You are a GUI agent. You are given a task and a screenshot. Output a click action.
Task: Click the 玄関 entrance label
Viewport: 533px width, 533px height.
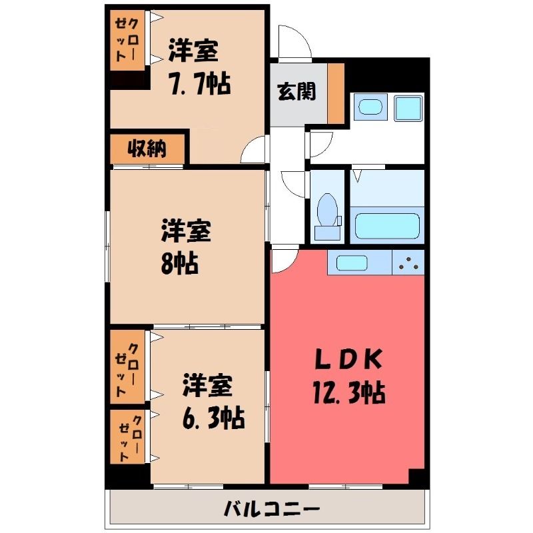[296, 92]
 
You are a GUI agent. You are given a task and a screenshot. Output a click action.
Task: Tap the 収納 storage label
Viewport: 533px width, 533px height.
[147, 149]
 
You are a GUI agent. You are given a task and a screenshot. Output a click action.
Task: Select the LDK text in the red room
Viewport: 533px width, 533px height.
[348, 359]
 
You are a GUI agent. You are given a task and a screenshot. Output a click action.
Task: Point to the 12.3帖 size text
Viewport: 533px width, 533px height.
[349, 393]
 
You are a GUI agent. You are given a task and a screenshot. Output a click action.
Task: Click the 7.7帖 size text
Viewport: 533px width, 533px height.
[200, 83]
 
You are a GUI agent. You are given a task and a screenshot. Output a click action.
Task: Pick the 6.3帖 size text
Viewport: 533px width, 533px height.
[213, 418]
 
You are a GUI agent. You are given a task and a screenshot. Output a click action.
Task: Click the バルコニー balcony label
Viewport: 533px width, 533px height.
[272, 509]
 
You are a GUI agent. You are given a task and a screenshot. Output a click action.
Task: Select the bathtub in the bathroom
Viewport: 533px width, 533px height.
[387, 226]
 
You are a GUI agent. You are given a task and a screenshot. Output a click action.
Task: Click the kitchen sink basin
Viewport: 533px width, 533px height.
[352, 263]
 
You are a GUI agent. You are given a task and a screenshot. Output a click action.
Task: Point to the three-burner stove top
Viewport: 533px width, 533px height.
[408, 263]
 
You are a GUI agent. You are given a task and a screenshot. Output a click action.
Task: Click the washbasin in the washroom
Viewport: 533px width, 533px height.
[370, 107]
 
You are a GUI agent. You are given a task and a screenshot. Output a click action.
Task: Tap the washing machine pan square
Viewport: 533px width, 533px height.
[408, 108]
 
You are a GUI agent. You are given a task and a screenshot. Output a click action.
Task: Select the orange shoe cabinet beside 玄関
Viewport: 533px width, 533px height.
[336, 94]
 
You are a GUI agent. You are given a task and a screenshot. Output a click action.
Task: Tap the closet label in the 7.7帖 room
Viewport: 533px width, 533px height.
[127, 40]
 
